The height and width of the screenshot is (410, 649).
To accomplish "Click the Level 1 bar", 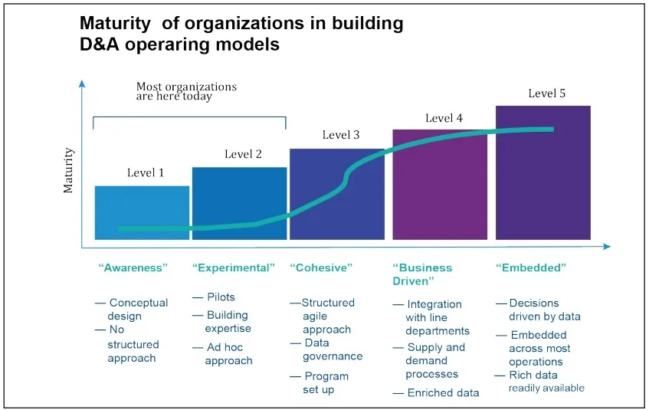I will pyautogui.click(x=142, y=207).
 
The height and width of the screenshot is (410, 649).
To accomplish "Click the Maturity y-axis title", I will pyautogui.click(x=69, y=170).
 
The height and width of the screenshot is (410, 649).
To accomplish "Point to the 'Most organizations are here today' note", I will pyautogui.click(x=186, y=91).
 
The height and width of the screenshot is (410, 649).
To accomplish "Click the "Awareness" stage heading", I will pyautogui.click(x=133, y=268).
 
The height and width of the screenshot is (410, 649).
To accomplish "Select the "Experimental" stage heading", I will pyautogui.click(x=233, y=268).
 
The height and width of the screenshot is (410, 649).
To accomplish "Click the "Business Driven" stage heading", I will pyautogui.click(x=422, y=274).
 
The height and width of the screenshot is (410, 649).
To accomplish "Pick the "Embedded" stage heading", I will pyautogui.click(x=531, y=268).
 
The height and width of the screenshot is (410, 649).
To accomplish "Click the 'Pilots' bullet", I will pyautogui.click(x=221, y=297).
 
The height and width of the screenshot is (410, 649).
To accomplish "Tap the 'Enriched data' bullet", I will pyautogui.click(x=442, y=393).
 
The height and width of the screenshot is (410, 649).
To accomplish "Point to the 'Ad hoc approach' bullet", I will pyautogui.click(x=228, y=354).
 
